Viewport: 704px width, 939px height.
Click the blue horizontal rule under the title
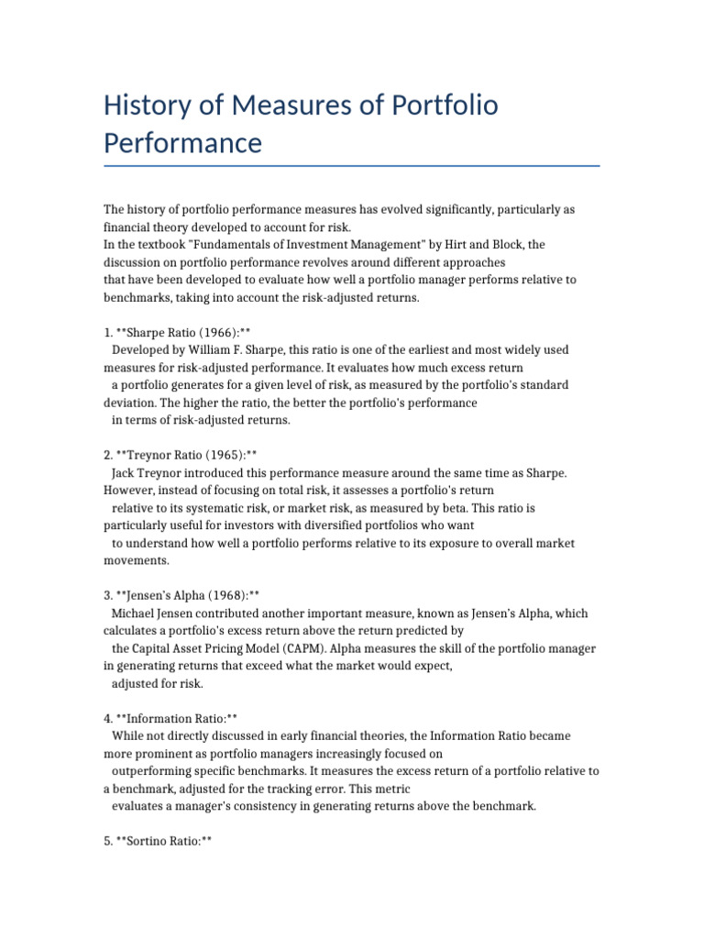pyautogui.click(x=352, y=166)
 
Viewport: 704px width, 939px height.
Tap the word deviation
pyautogui.click(x=129, y=402)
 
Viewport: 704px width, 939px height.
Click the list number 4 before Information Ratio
pyautogui.click(x=106, y=718)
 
